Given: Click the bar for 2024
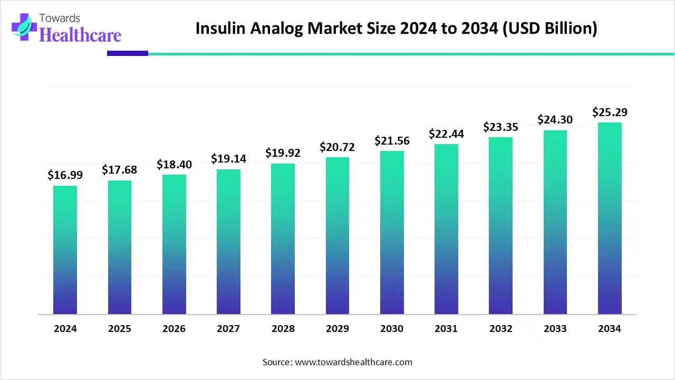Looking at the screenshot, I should tap(65, 250).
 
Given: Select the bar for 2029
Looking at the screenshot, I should tap(337, 236).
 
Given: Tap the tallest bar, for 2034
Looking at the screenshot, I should tap(610, 218).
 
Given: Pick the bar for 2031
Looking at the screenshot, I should tap(446, 229).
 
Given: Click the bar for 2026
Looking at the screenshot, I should tap(174, 244).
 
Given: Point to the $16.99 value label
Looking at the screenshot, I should tap(65, 175).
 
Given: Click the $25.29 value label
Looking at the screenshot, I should tap(610, 112).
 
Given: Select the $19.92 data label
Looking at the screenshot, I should tap(283, 153).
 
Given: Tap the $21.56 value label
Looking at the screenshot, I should tap(392, 140).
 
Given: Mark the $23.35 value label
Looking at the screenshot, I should tap(500, 127).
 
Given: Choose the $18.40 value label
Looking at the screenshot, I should tap(174, 164).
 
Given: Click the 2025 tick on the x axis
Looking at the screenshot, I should tap(120, 328).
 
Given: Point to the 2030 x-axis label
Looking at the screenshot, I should tap(392, 328).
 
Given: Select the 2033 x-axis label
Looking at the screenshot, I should tap(555, 328).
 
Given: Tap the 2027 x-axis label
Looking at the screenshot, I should tap(228, 328).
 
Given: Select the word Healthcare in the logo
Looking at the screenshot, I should tap(80, 35).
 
